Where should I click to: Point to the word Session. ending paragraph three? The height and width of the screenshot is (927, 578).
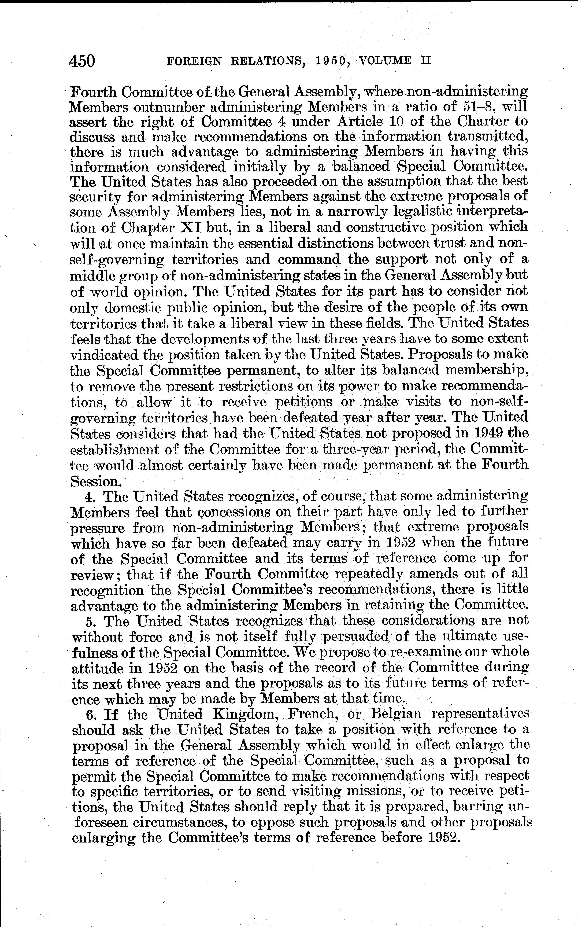click(93, 481)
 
